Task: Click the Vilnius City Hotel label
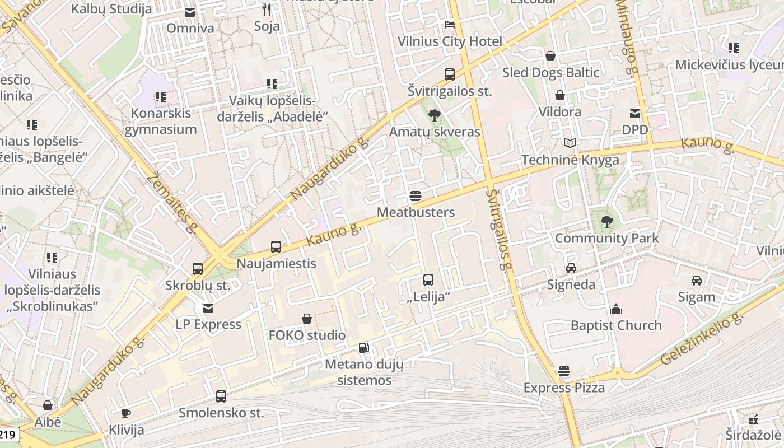[450, 41]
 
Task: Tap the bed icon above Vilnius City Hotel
[450, 25]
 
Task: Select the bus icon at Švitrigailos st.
[449, 74]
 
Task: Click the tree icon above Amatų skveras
[434, 116]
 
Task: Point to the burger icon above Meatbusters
[416, 196]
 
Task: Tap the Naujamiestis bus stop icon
[276, 247]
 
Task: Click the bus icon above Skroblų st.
[198, 269]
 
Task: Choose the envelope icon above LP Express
[208, 309]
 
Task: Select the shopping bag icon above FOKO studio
[307, 319]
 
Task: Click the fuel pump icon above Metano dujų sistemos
[364, 348]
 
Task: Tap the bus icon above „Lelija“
[428, 280]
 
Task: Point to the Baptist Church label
[616, 325]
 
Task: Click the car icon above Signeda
[571, 268]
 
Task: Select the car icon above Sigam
[697, 281]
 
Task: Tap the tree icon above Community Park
[606, 222]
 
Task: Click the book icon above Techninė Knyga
[570, 143]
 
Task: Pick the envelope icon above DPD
[635, 114]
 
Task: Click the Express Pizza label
[564, 388]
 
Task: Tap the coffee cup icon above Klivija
[126, 414]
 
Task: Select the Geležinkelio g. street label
[702, 339]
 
